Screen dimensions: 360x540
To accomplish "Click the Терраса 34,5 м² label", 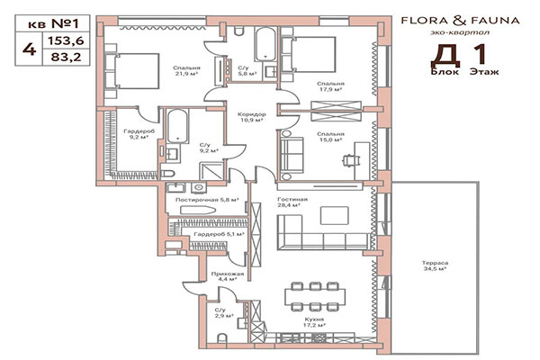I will [436, 266].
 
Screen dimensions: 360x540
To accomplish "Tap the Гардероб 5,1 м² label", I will [214, 234].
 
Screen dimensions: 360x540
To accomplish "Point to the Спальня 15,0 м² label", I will [332, 138].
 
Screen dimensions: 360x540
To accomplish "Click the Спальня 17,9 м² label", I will [332, 88].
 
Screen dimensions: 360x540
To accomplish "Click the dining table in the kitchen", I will [314, 294].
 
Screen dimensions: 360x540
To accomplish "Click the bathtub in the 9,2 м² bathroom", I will [175, 126].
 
